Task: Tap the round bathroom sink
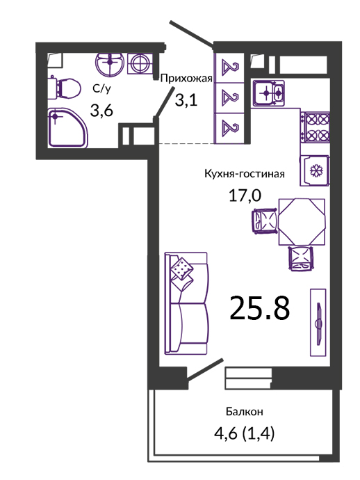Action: tap(110, 64)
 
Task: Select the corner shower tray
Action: tap(68, 128)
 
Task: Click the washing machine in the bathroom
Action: tap(140, 64)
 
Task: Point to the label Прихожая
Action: tap(186, 79)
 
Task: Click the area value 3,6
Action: tap(101, 110)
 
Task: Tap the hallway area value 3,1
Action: tap(186, 99)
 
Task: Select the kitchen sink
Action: tap(268, 93)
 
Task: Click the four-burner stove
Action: tap(315, 127)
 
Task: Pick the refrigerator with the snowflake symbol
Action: tap(315, 171)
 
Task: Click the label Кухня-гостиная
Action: tap(245, 174)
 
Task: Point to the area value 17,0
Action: tap(245, 195)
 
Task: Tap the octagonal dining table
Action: tap(302, 222)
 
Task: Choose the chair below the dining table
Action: tap(302, 258)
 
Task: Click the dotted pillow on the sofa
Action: tap(181, 269)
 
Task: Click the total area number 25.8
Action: tap(259, 308)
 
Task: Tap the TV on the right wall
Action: tap(318, 322)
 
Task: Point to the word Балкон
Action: tap(245, 412)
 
